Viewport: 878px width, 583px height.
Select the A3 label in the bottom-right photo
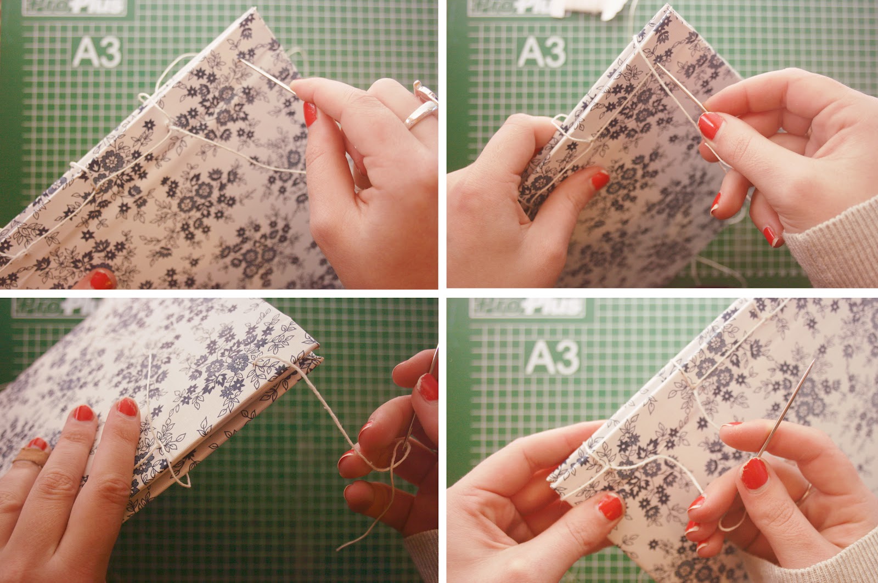[x=552, y=357]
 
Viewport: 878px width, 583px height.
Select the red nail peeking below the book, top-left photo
[x=101, y=280]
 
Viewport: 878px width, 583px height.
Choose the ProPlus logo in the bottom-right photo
[x=527, y=307]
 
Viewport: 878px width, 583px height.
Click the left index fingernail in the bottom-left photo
[x=127, y=407]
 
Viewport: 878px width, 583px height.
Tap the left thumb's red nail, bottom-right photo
[x=611, y=507]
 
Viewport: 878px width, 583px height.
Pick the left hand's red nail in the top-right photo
[x=600, y=179]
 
